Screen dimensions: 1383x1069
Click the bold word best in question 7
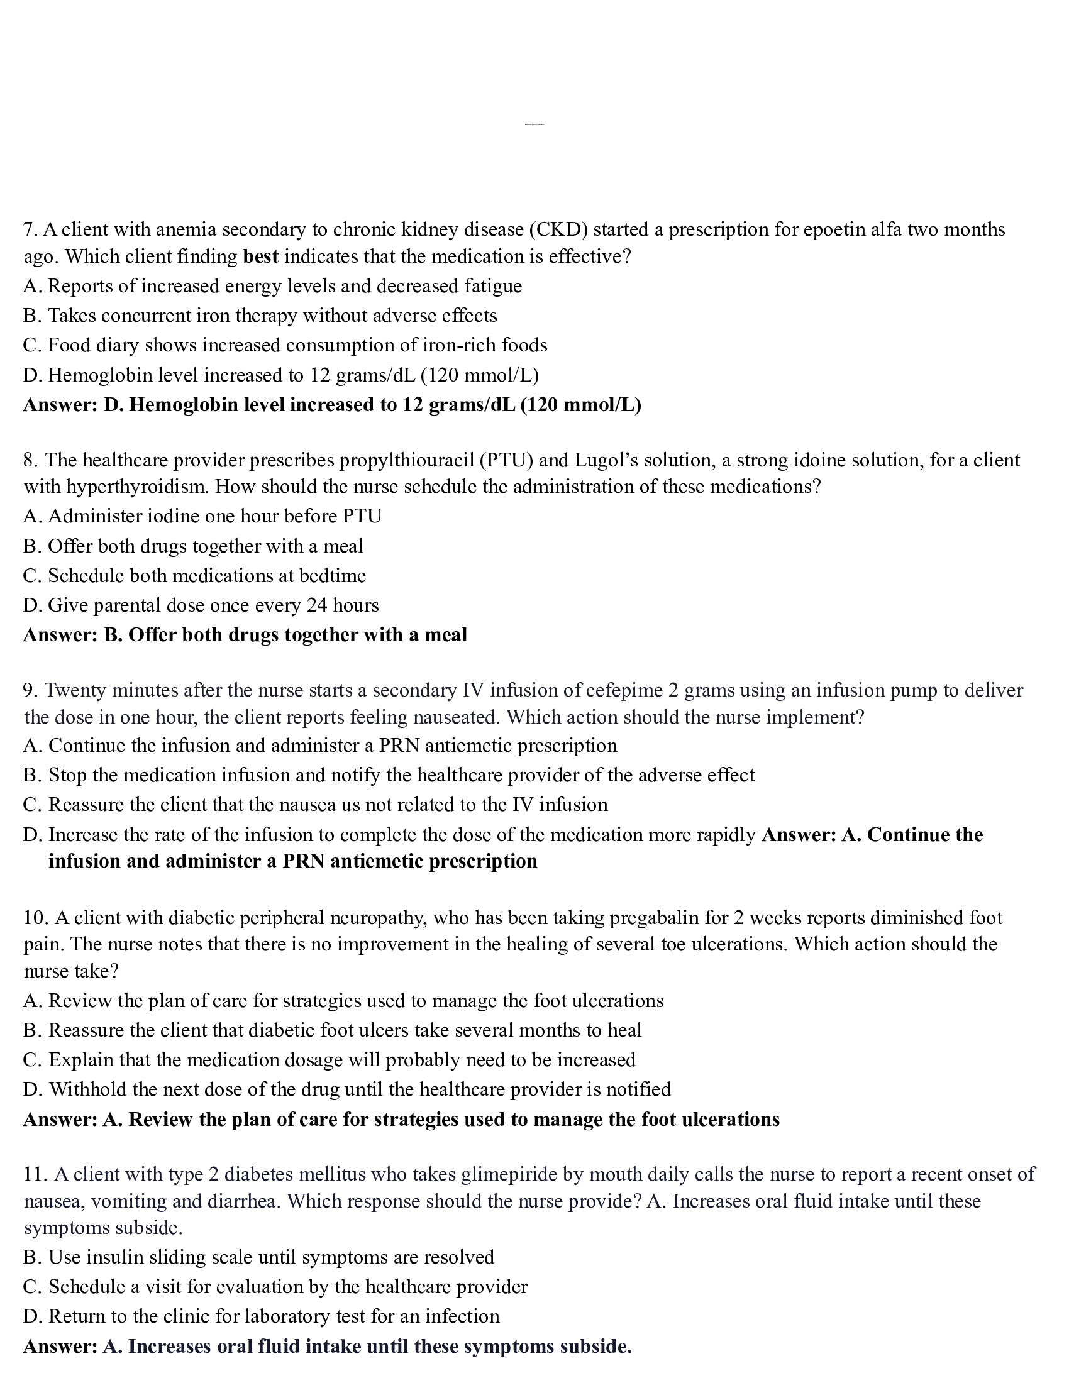[260, 256]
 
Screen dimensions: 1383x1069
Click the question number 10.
[35, 918]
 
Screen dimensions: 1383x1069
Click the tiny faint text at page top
[534, 124]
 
